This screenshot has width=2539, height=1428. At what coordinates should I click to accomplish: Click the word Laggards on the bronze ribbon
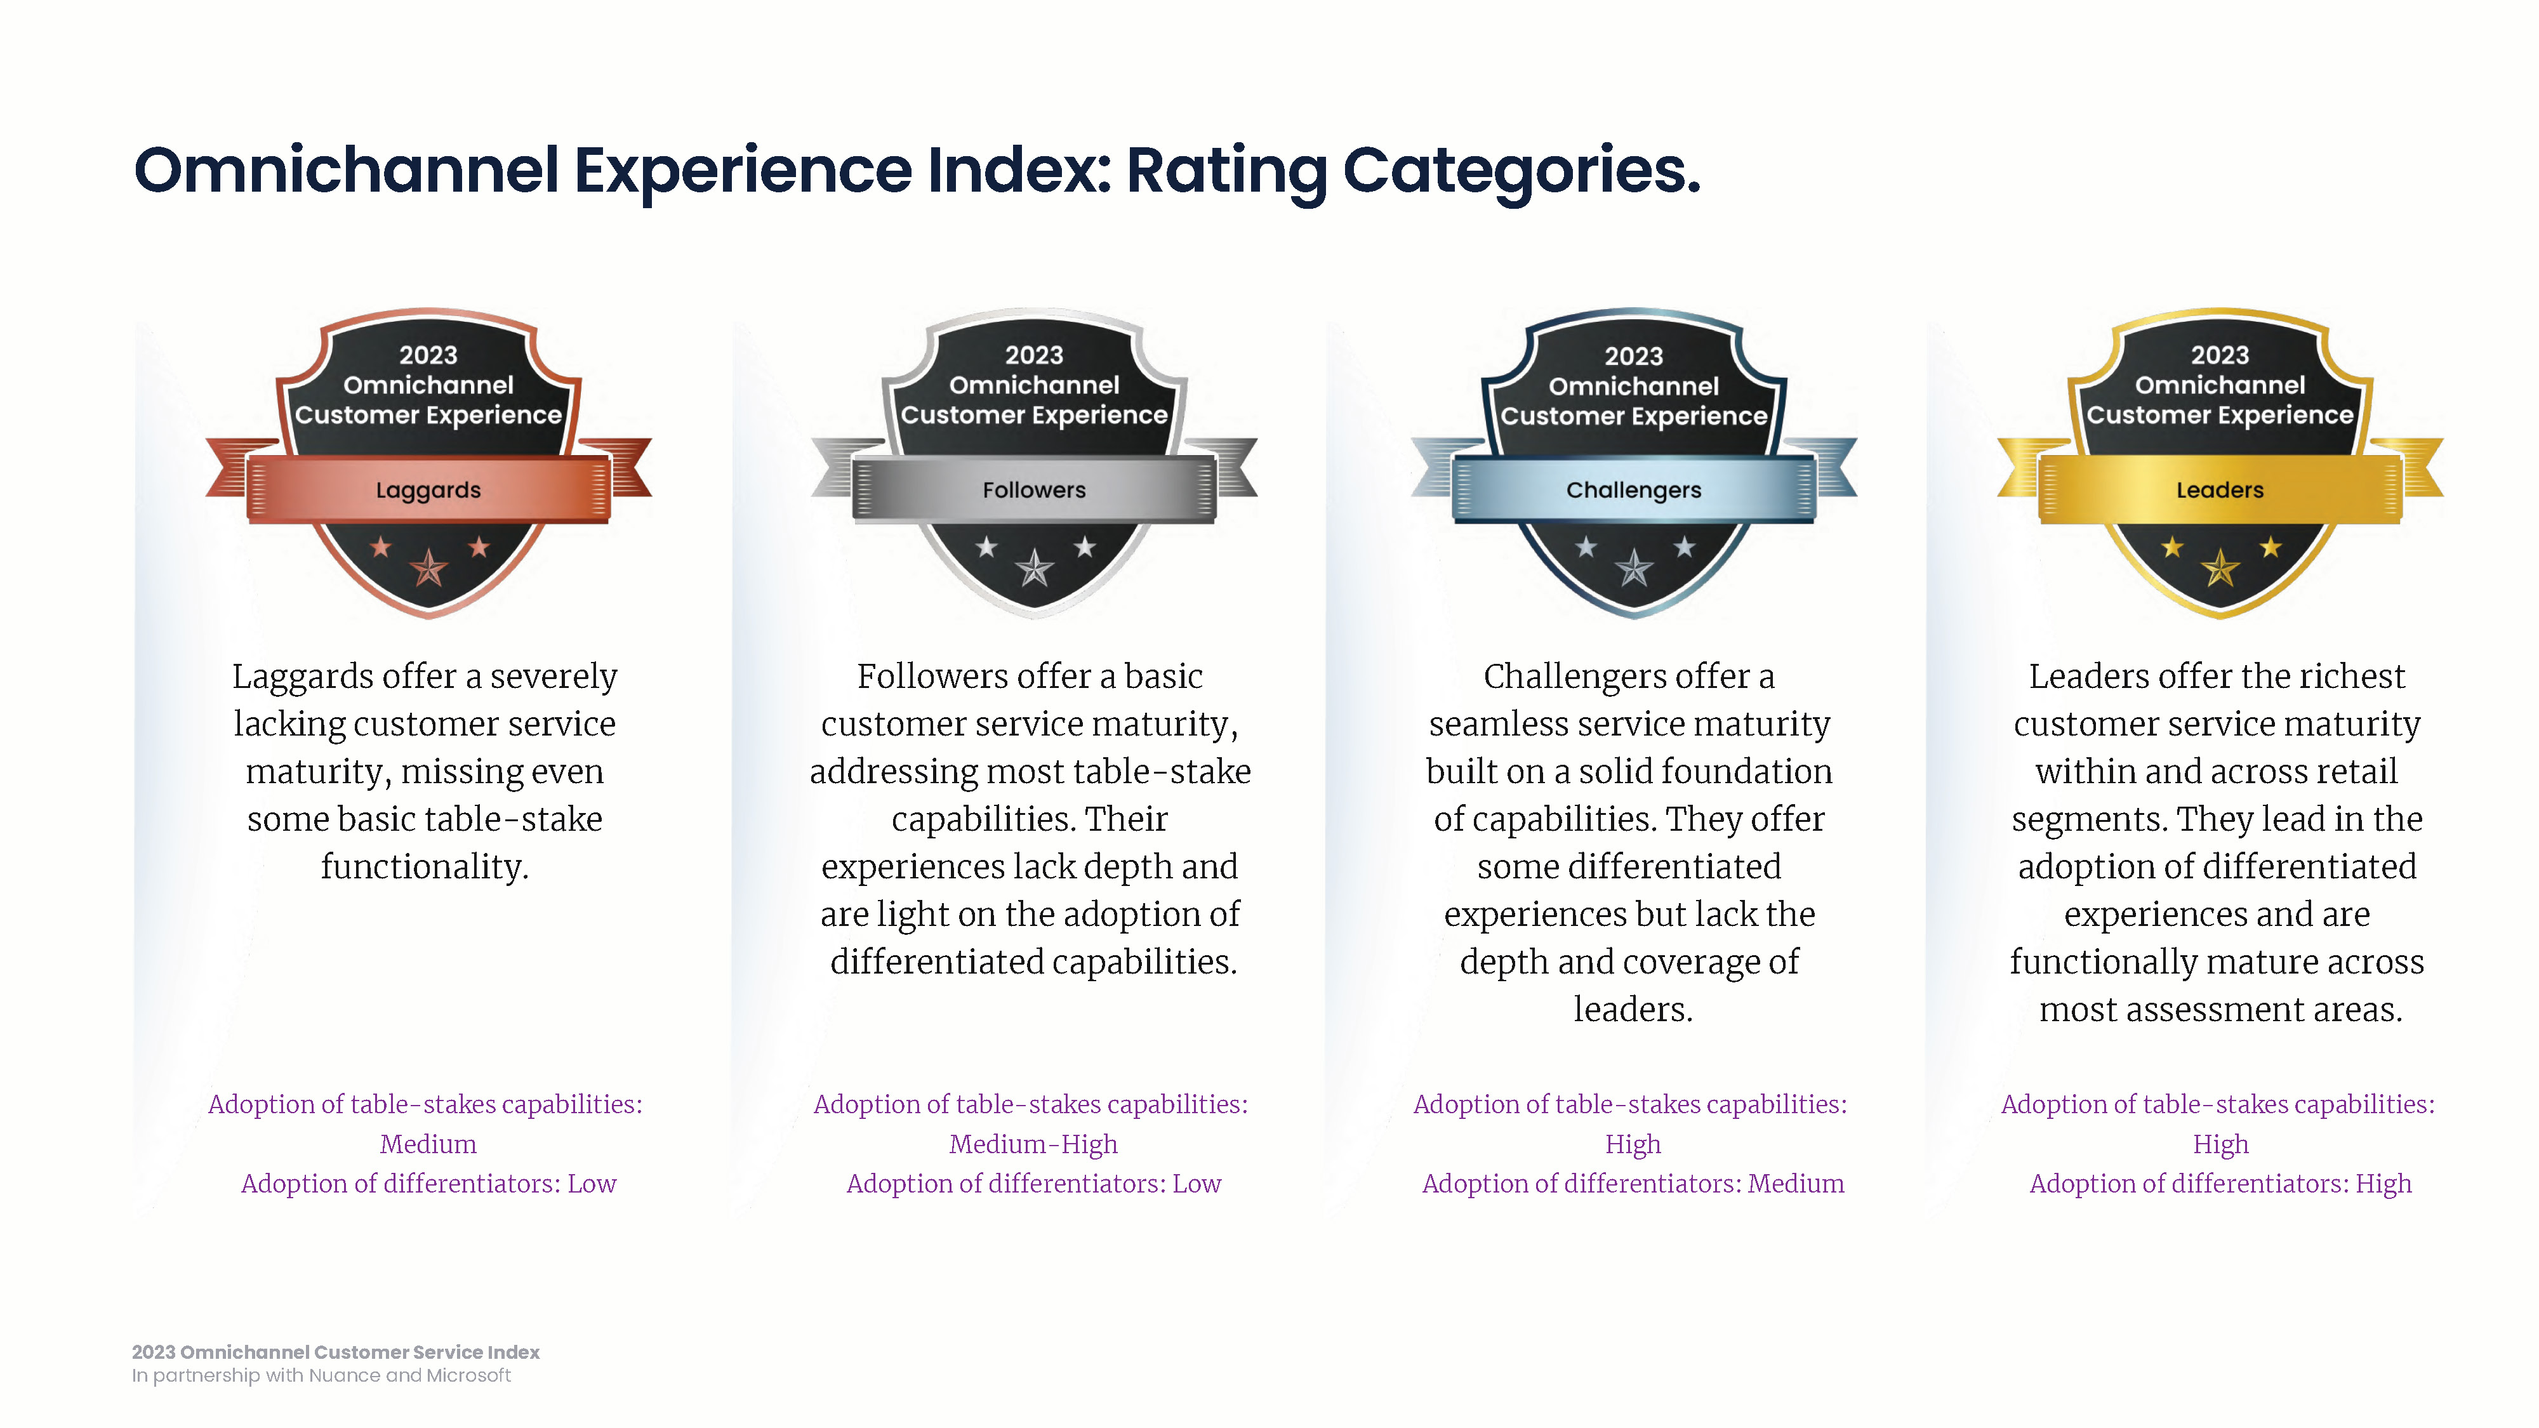[428, 491]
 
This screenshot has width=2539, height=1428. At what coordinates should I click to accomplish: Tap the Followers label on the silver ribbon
[1034, 490]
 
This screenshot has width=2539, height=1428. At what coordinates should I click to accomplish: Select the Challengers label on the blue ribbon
[1633, 491]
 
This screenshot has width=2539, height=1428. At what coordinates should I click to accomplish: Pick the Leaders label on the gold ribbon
[2220, 490]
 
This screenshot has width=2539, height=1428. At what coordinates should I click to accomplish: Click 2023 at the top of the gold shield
[2220, 355]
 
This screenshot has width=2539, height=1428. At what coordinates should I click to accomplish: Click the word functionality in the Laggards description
[425, 867]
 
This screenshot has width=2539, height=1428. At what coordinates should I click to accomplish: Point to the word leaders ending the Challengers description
[1633, 1009]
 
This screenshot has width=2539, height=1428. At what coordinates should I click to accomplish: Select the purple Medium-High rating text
[1033, 1144]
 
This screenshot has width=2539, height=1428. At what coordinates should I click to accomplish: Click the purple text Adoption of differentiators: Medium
[1633, 1184]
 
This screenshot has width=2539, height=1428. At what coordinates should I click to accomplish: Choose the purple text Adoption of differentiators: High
[2220, 1184]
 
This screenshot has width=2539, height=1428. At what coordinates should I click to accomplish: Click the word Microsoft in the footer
[468, 1376]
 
